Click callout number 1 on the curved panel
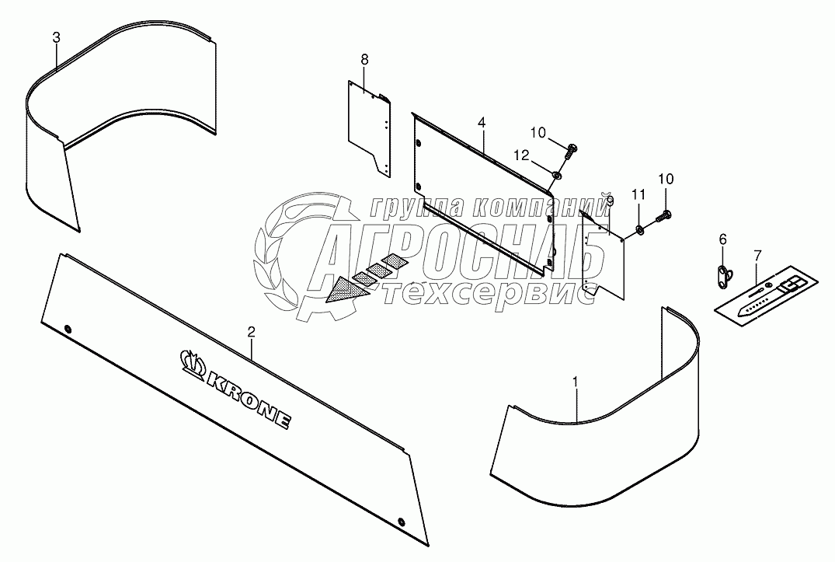576,382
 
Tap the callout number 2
251,332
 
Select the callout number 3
56,37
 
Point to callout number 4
482,123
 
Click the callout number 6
722,239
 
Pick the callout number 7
758,254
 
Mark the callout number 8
364,59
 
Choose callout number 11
638,194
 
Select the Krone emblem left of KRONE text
191,359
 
